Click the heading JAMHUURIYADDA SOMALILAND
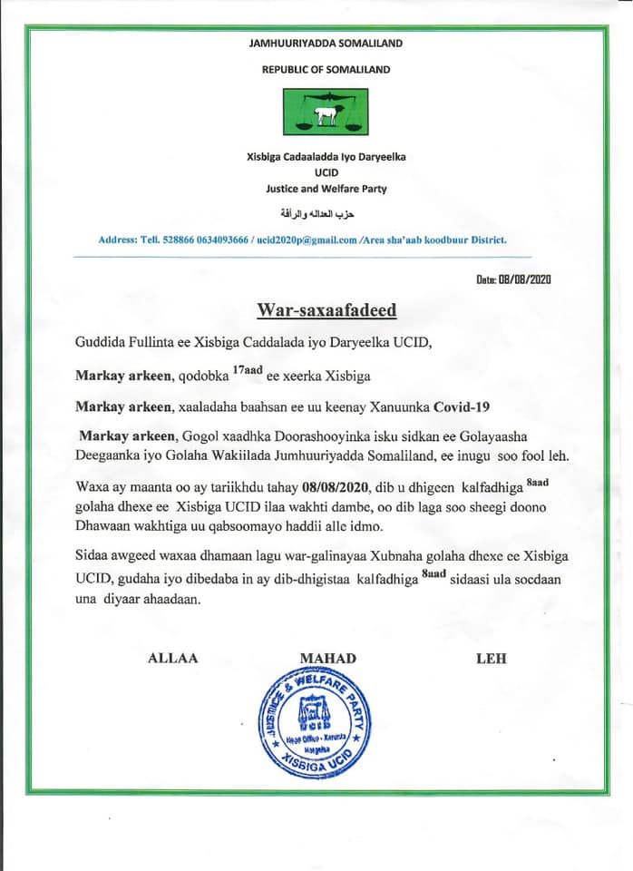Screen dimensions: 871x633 [x=326, y=43]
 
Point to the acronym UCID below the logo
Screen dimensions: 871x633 [x=326, y=172]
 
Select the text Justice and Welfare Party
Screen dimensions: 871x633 [x=326, y=189]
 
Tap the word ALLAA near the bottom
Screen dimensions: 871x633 [x=172, y=658]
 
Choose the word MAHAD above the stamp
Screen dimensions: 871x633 [x=327, y=658]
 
